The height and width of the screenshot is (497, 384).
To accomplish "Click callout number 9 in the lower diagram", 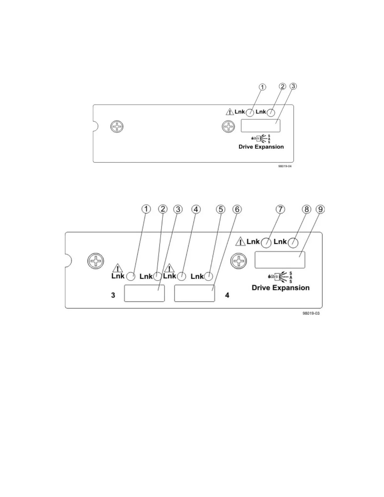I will pyautogui.click(x=320, y=210).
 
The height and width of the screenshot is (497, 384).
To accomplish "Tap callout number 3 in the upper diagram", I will pyautogui.click(x=293, y=86).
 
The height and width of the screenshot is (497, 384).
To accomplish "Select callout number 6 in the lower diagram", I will pyautogui.click(x=237, y=209).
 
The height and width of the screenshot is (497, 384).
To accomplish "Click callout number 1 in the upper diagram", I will pyautogui.click(x=262, y=87).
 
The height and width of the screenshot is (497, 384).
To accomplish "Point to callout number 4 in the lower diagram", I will pyautogui.click(x=196, y=209).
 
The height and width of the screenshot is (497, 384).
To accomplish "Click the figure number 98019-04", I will pyautogui.click(x=285, y=166).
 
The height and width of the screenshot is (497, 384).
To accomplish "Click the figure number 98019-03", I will pyautogui.click(x=311, y=313).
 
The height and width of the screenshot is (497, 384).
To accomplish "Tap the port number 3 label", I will pyautogui.click(x=113, y=295).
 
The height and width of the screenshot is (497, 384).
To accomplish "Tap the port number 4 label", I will pyautogui.click(x=227, y=295).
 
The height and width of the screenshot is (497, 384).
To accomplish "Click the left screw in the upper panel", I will pyautogui.click(x=117, y=127).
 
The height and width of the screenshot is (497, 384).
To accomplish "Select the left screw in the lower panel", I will pyautogui.click(x=96, y=261).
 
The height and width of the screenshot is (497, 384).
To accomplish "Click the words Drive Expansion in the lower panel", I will pyautogui.click(x=280, y=288).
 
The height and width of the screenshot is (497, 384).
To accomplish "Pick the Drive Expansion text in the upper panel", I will pyautogui.click(x=261, y=147).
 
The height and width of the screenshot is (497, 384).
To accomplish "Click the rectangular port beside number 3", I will pyautogui.click(x=144, y=293).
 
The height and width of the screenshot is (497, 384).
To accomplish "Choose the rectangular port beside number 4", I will pyautogui.click(x=195, y=293).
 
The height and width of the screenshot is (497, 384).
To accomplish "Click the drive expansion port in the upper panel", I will pyautogui.click(x=260, y=126).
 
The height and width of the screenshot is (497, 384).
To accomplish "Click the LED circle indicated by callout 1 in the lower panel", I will pyautogui.click(x=131, y=276).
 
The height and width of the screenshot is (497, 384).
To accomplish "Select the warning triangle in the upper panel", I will pyautogui.click(x=230, y=112).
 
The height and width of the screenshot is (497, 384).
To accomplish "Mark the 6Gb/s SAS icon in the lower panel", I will pyautogui.click(x=280, y=277).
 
